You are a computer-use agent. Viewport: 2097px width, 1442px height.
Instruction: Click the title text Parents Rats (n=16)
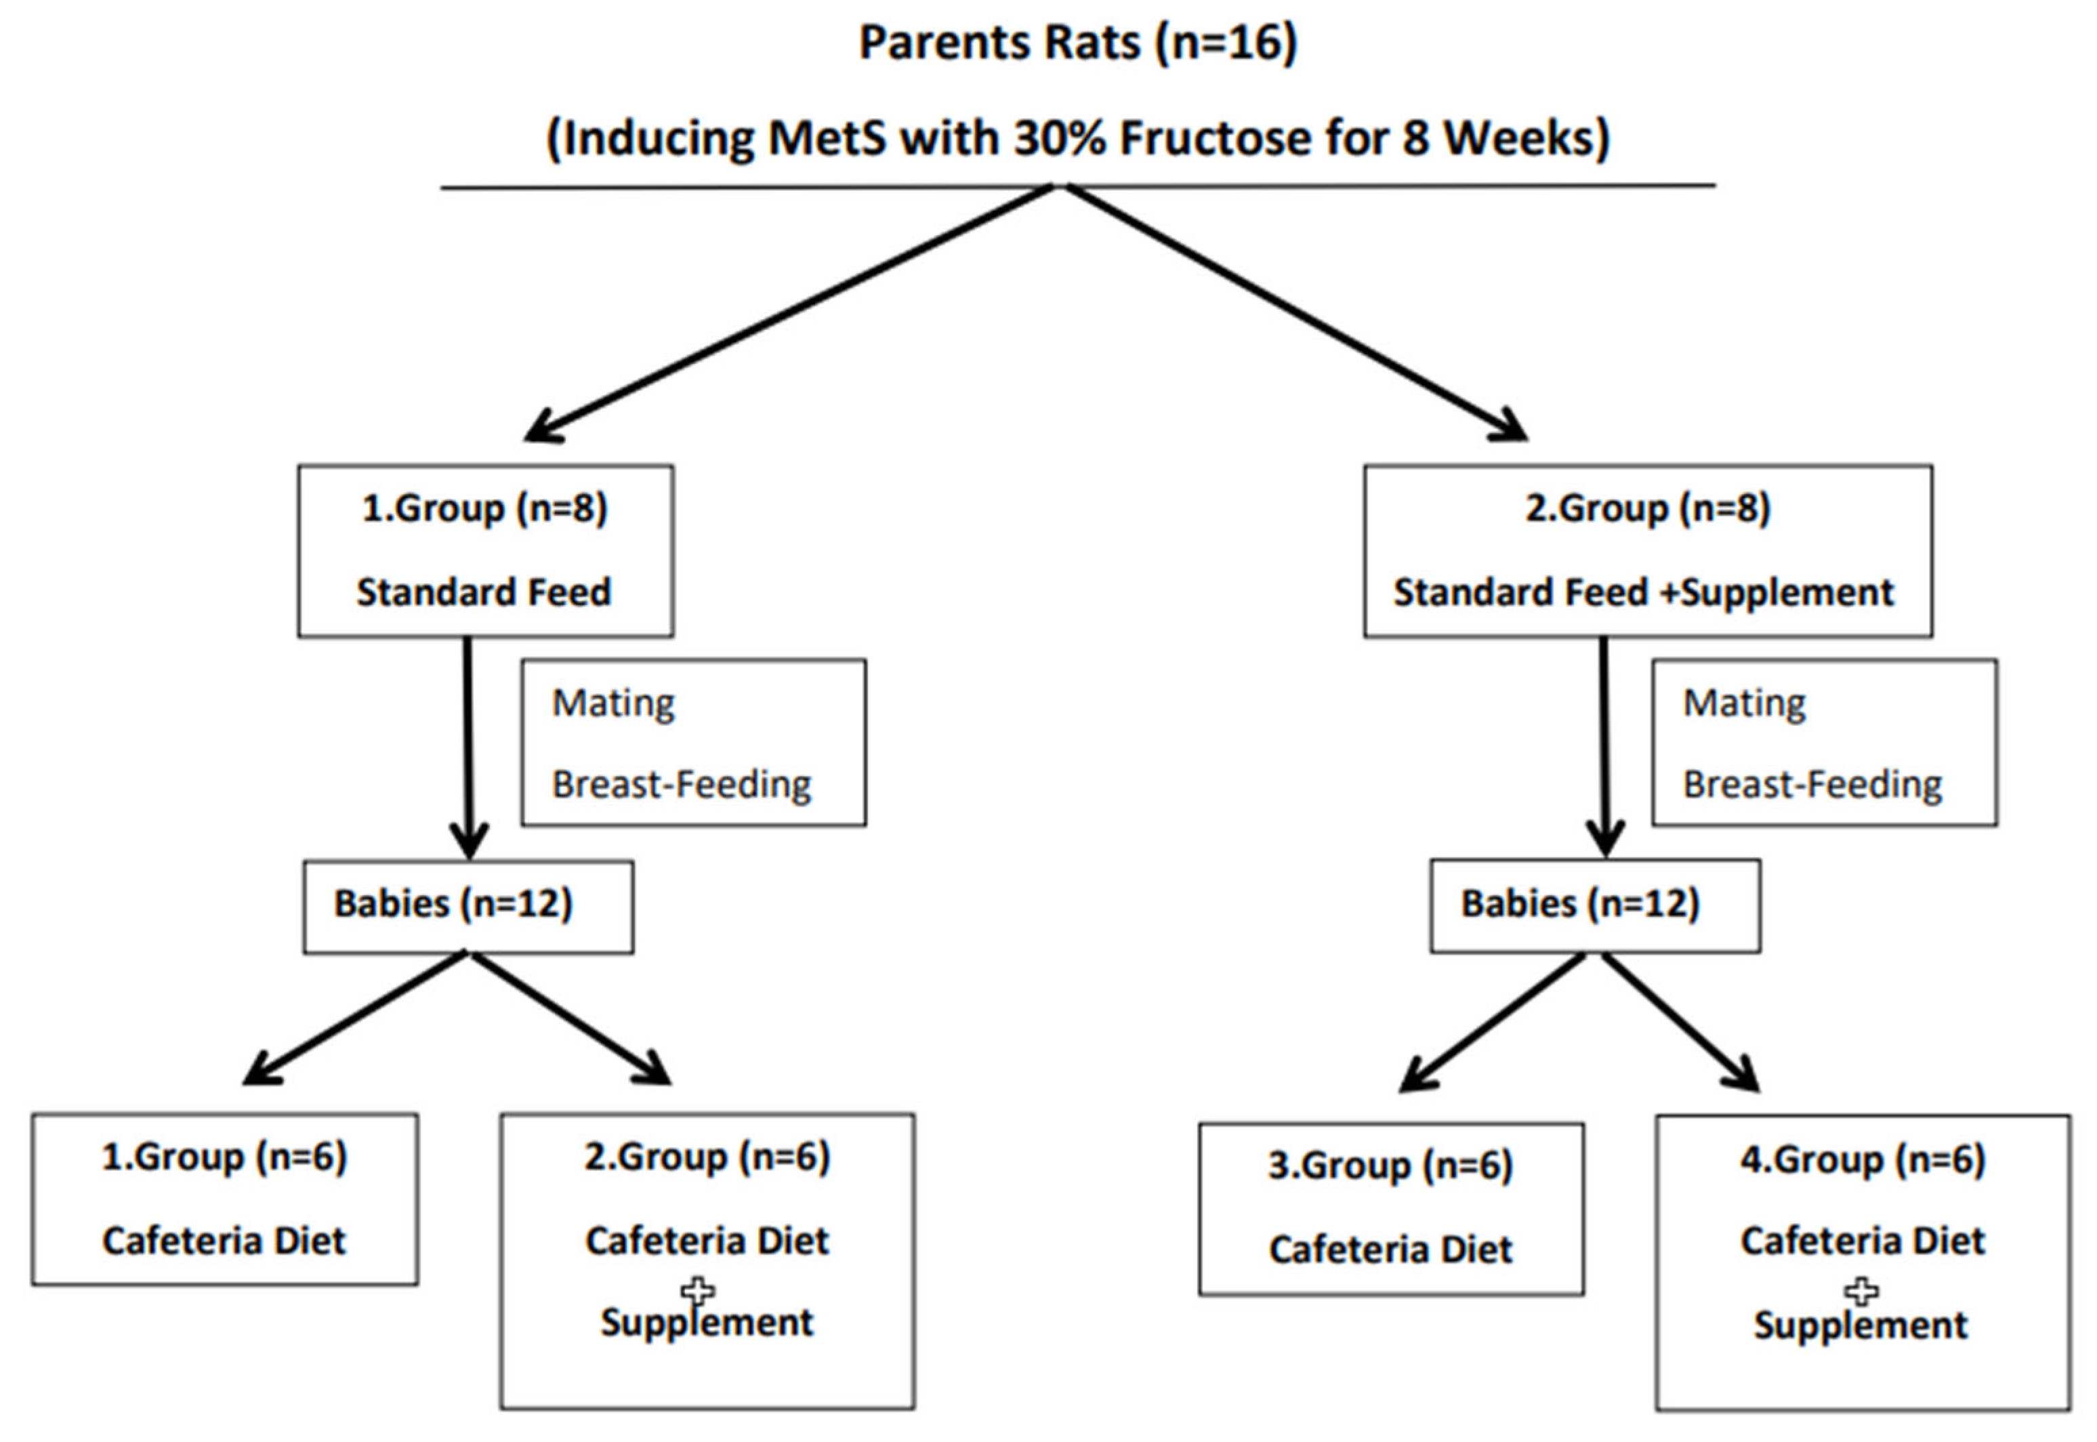[1077, 43]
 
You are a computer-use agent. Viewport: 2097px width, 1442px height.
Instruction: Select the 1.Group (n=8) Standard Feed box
[485, 551]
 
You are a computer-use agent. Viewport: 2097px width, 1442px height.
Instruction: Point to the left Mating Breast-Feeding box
[693, 743]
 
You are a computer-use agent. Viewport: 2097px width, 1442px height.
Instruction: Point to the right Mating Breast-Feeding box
[1824, 743]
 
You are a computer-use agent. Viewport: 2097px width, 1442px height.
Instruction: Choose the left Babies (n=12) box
[468, 906]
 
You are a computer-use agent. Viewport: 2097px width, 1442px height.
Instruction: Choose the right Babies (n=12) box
[1595, 906]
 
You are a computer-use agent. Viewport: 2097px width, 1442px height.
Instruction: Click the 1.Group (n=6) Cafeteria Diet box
[224, 1199]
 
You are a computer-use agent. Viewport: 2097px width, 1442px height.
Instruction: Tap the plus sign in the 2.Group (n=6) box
[697, 1291]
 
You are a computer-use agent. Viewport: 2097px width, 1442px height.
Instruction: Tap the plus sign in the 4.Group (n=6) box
[1861, 1292]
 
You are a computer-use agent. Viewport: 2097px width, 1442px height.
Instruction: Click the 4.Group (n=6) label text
[1862, 1160]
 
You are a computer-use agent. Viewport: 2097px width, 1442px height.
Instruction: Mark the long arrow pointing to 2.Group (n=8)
[1292, 312]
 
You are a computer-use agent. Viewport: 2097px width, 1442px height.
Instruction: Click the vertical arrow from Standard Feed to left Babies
[468, 741]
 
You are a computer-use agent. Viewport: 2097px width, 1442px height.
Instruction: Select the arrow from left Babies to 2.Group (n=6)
[569, 1016]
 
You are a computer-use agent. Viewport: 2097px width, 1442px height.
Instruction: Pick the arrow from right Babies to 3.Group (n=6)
[1495, 1021]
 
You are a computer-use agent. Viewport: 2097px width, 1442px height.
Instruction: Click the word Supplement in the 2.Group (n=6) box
[707, 1323]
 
